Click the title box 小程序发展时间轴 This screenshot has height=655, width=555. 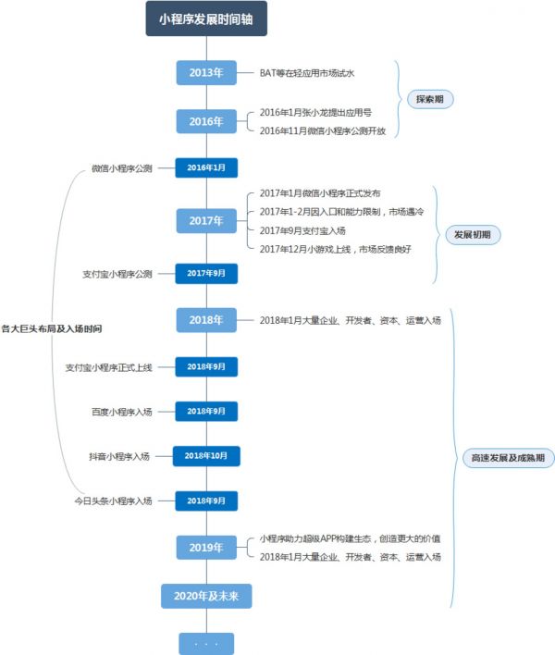[206, 19]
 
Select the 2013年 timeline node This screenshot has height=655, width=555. [206, 72]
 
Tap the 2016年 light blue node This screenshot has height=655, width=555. [206, 121]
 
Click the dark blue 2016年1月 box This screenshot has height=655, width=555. [206, 167]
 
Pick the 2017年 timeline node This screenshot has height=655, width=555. [206, 221]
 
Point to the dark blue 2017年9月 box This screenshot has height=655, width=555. [206, 274]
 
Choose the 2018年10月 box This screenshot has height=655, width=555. [206, 456]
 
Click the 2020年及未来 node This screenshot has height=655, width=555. [206, 597]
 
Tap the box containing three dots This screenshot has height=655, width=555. [206, 643]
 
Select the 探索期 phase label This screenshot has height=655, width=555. [430, 98]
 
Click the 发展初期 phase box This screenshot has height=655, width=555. [472, 235]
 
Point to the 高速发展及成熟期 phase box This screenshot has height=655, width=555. [508, 458]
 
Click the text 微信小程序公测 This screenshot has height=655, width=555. [122, 168]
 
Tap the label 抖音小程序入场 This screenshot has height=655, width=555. [119, 456]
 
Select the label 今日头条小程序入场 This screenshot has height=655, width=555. [114, 501]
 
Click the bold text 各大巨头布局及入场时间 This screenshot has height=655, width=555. [52, 327]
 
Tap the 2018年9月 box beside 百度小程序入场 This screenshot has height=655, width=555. [206, 411]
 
